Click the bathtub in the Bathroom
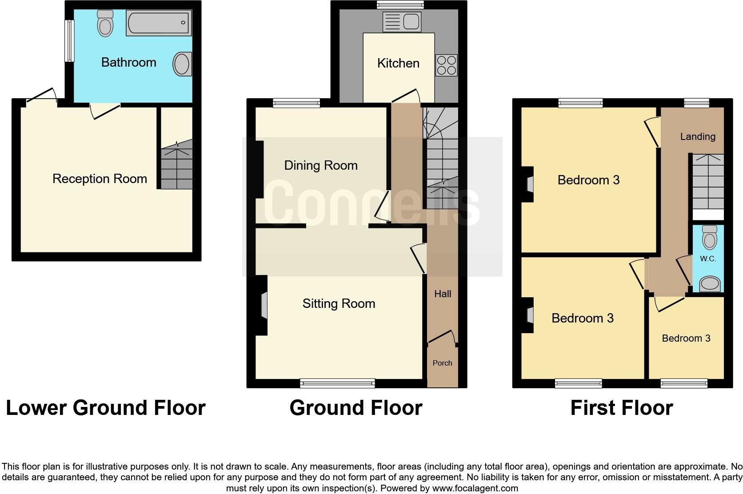(x=159, y=23)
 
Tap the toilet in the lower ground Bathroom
(x=105, y=24)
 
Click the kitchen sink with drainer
(x=402, y=22)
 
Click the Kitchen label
(x=398, y=63)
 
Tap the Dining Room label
(x=321, y=166)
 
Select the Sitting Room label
(x=339, y=303)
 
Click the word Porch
(x=442, y=363)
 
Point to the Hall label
(x=443, y=294)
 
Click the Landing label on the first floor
(x=698, y=137)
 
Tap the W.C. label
(x=708, y=259)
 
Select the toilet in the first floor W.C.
(x=710, y=237)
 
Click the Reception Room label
(x=100, y=179)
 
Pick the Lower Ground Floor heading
(x=105, y=408)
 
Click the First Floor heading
(x=621, y=408)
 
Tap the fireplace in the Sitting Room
(x=264, y=305)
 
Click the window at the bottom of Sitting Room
(x=337, y=383)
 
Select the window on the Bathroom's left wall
(x=69, y=41)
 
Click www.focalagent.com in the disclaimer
(x=475, y=488)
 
